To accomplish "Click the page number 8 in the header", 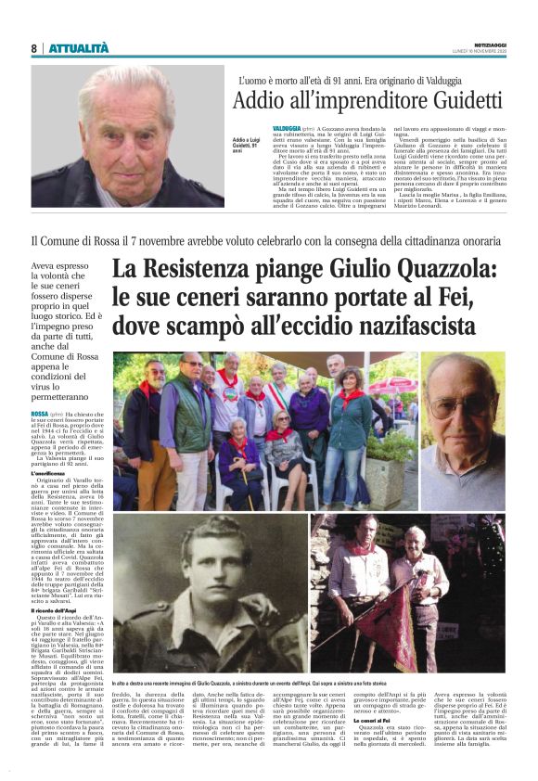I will (x=33, y=47).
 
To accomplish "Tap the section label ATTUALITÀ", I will (x=79, y=47).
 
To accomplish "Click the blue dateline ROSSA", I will (x=41, y=413).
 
